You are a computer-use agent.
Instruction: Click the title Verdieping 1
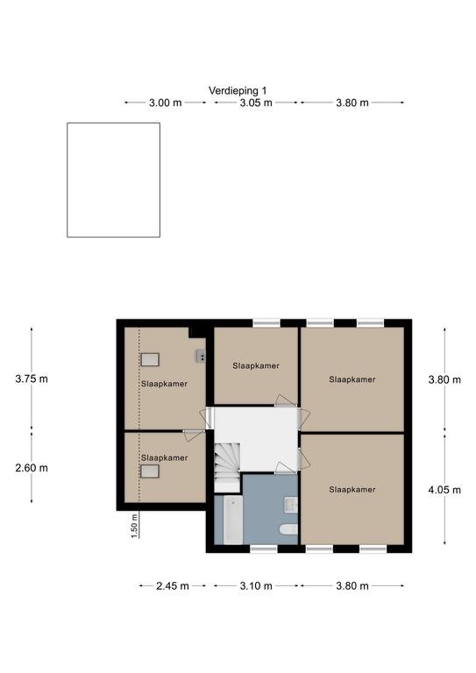tap(238, 90)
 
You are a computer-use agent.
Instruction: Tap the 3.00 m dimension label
tap(166, 103)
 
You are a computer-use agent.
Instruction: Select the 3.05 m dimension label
tap(256, 103)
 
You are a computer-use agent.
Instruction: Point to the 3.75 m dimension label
tap(32, 379)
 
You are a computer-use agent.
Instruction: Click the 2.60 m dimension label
tap(32, 468)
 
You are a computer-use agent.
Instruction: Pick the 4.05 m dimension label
tap(444, 490)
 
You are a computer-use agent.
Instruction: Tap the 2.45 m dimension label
tap(172, 586)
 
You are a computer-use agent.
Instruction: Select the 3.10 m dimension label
tap(256, 586)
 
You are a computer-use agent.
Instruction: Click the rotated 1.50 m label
tap(134, 526)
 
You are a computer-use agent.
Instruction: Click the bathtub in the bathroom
tap(233, 520)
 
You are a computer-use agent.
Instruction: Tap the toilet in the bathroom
tap(288, 529)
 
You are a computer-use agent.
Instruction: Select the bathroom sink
tap(291, 505)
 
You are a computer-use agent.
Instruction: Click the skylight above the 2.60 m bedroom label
tap(150, 471)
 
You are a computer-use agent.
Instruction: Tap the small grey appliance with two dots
tap(201, 356)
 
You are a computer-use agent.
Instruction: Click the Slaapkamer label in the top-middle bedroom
tap(256, 365)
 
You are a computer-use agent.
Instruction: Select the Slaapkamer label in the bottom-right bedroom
tap(352, 489)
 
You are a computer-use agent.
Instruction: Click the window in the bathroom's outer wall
tap(264, 549)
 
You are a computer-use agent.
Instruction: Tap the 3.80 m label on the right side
tap(444, 379)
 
